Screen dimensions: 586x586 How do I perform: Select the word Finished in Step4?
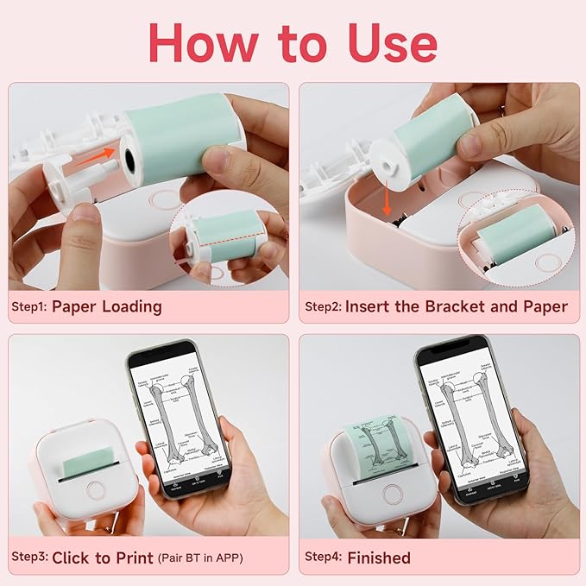(x=379, y=558)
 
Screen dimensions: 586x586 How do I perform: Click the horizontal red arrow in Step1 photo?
(x=98, y=154)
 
